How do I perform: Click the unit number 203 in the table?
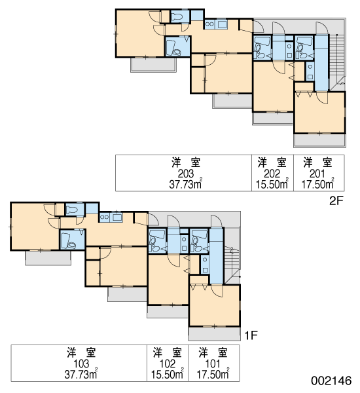click(186, 174)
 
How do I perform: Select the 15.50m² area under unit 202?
click(272, 184)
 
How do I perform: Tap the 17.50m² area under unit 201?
click(317, 184)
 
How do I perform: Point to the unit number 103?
click(81, 364)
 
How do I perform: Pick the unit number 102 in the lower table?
click(168, 364)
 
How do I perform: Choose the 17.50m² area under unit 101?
click(213, 375)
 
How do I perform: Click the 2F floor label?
click(336, 200)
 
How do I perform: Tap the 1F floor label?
click(251, 335)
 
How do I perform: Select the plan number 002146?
click(331, 381)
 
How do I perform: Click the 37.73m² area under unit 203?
click(186, 184)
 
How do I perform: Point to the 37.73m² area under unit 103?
click(81, 375)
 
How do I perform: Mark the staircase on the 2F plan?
click(336, 60)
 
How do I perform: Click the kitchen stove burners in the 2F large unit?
click(210, 24)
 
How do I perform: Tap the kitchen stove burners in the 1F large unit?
click(105, 217)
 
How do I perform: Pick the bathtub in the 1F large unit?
click(65, 240)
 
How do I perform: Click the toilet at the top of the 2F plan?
click(177, 16)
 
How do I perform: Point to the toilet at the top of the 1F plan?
click(72, 210)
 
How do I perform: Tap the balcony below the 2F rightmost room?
click(319, 140)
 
